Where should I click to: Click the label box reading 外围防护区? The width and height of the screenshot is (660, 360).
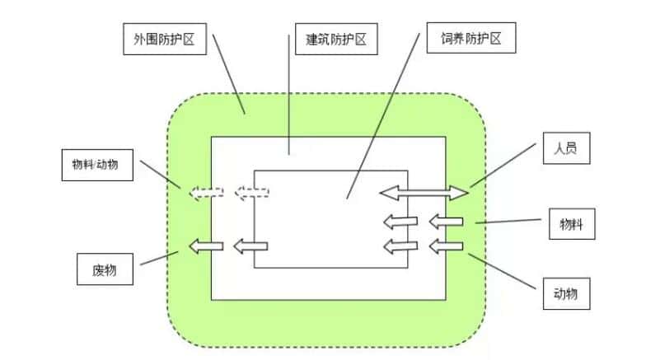coord(163,39)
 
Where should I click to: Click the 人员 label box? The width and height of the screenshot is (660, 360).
coord(565,150)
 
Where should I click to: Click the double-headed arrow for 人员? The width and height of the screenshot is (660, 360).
coord(424,193)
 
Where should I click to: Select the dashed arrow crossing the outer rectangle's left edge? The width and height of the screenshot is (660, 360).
coord(206,194)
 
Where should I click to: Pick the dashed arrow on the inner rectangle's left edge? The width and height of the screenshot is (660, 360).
coord(252,194)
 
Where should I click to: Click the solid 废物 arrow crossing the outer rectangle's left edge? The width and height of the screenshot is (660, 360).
coord(206,245)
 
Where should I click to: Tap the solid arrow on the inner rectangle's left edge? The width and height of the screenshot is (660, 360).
coord(250,245)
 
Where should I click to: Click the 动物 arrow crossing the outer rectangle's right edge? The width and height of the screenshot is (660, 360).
coord(447,245)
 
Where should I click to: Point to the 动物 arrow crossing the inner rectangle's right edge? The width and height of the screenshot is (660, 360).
coord(402,245)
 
